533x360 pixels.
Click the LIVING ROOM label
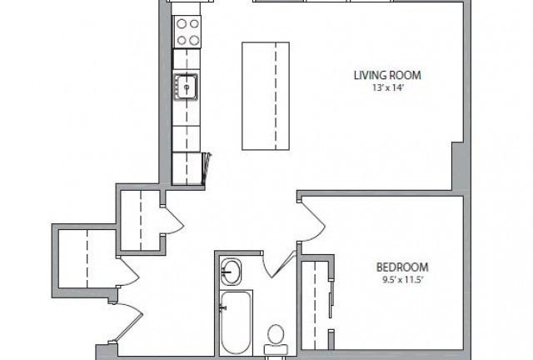pyautogui.click(x=387, y=75)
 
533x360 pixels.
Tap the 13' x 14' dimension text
pyautogui.click(x=387, y=87)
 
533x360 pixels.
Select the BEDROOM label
pyautogui.click(x=402, y=267)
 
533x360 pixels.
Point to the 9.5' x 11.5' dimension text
pyautogui.click(x=402, y=280)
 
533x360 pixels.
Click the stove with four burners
pyautogui.click(x=187, y=32)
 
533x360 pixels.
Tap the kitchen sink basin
pyautogui.click(x=186, y=87)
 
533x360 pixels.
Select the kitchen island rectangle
pyautogui.click(x=266, y=96)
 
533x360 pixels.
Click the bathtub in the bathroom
pyautogui.click(x=237, y=322)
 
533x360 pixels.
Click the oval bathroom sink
pyautogui.click(x=231, y=272)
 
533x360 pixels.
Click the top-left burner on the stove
pyautogui.click(x=182, y=23)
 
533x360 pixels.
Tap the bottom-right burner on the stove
pyautogui.click(x=194, y=41)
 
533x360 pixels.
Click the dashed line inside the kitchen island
pyautogui.click(x=276, y=96)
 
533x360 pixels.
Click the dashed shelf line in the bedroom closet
pyautogui.click(x=315, y=305)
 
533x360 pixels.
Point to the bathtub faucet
pyautogui.click(x=223, y=308)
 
